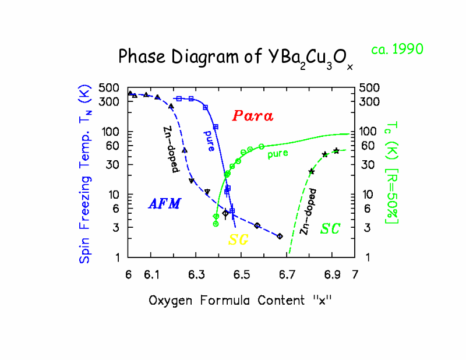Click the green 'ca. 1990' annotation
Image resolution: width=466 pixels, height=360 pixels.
coord(397,50)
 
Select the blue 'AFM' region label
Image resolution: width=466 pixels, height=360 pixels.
coord(164,203)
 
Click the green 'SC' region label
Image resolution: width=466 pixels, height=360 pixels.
coord(330,228)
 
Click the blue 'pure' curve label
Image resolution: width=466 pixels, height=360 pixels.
coord(209,140)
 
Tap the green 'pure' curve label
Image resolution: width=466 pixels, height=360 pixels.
coord(277,154)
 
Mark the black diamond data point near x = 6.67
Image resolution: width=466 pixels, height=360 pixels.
coord(280,236)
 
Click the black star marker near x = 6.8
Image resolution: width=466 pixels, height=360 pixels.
coord(311,171)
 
